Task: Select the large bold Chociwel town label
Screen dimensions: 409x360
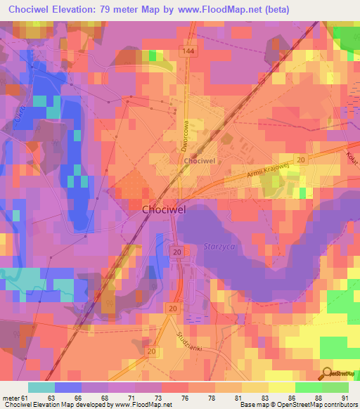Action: click(x=165, y=209)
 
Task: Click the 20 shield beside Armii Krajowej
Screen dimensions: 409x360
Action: click(x=301, y=161)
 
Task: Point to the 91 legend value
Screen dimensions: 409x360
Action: click(x=345, y=398)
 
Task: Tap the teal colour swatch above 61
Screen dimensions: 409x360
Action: click(x=41, y=387)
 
